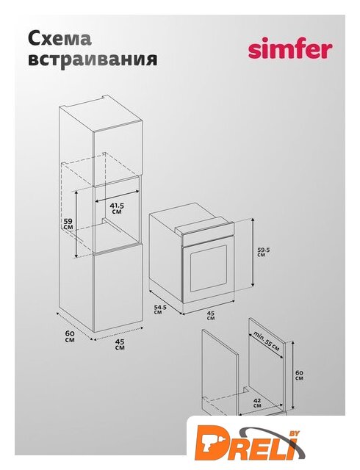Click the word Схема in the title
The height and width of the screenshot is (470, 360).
coord(60,38)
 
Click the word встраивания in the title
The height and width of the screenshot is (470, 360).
coord(93,59)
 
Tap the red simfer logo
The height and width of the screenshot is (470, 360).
coord(290,49)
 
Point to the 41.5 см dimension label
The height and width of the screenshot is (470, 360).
coord(117,209)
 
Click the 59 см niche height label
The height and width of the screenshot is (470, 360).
coord(68,224)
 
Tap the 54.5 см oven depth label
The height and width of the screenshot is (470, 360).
coord(160,309)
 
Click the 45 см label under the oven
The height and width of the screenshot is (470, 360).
coord(211,315)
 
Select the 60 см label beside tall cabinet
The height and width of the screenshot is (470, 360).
coord(70,336)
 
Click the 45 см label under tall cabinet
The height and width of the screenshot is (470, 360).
coord(120,344)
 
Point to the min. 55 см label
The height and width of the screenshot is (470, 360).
coord(267,341)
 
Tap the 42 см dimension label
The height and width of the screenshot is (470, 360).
coord(257,402)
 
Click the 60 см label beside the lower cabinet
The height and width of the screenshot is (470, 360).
coord(299,375)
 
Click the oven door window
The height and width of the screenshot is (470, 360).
coord(209,268)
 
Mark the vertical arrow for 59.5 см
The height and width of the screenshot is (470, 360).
coord(253,253)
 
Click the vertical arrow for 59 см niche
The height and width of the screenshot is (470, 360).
coord(76,224)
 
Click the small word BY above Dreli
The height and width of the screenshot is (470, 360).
coord(292,434)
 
